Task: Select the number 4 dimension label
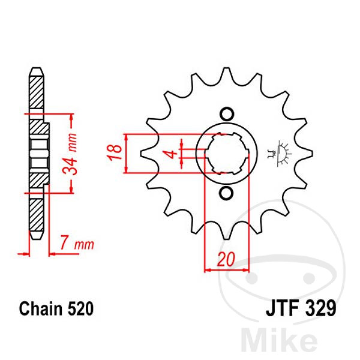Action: (x=173, y=154)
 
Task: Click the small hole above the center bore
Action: (x=226, y=114)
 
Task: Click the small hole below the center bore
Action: (x=226, y=193)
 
